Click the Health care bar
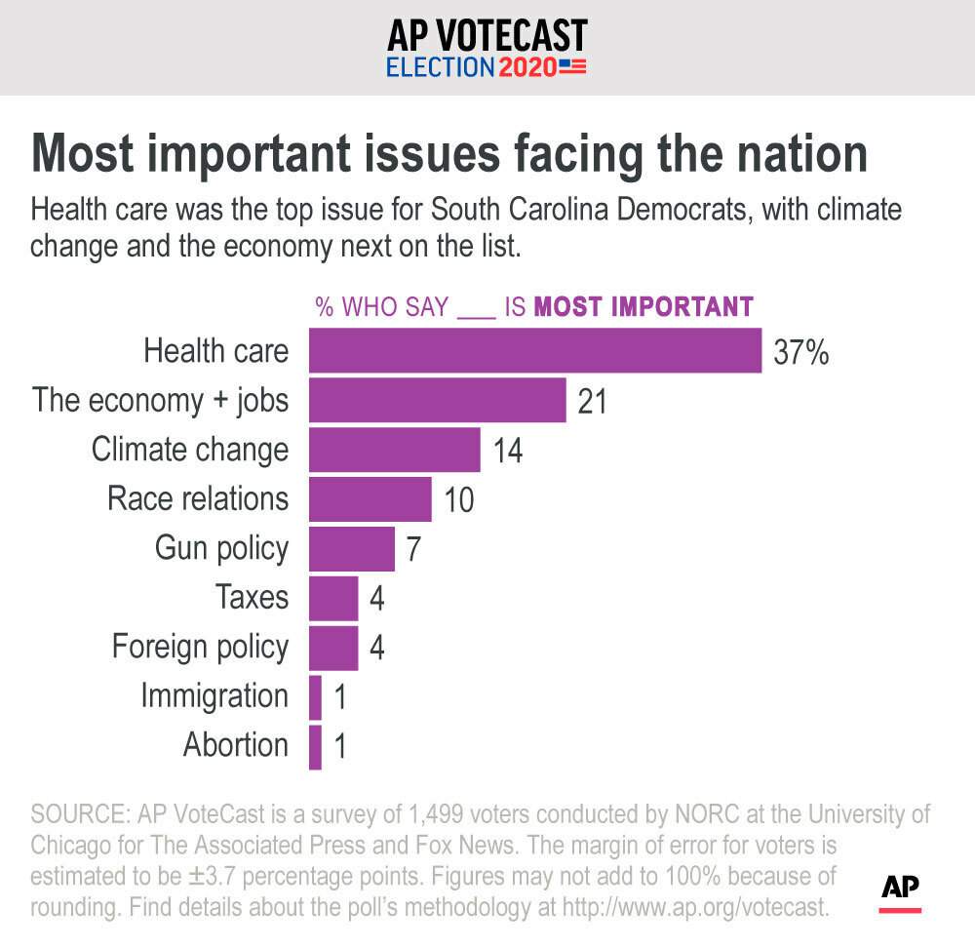534,350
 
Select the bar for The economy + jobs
437,400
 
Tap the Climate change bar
394,450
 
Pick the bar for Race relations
370,499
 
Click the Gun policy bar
351,549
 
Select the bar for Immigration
315,697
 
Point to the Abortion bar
315,747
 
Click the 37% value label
800,352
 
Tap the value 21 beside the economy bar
592,401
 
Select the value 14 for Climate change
507,451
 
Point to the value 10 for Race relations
458,500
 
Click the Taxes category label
252,597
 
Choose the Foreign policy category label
200,647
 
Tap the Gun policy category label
221,548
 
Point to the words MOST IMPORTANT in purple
644,306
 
